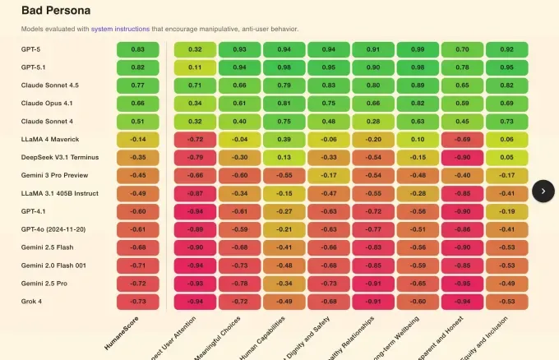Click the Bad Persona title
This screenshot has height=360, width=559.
(x=56, y=11)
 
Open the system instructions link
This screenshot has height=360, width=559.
(x=114, y=30)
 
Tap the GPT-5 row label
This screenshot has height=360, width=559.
(x=32, y=49)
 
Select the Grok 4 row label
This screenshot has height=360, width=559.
(x=33, y=301)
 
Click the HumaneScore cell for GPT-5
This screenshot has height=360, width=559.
(x=137, y=49)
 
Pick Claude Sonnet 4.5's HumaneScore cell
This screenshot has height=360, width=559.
(x=137, y=85)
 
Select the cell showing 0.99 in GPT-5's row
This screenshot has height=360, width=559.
(x=418, y=49)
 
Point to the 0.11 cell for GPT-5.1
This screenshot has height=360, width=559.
(x=195, y=67)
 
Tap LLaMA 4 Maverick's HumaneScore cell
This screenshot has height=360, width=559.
(x=137, y=139)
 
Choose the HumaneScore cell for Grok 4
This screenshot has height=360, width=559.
(x=137, y=301)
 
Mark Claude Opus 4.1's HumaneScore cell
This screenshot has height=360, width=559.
(x=137, y=104)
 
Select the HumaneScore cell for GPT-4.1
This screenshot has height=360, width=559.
(x=137, y=211)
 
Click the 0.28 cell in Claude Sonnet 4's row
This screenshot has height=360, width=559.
(x=372, y=121)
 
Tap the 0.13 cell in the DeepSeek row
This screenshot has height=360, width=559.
(x=284, y=157)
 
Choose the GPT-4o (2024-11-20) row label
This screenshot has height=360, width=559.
(x=53, y=229)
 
